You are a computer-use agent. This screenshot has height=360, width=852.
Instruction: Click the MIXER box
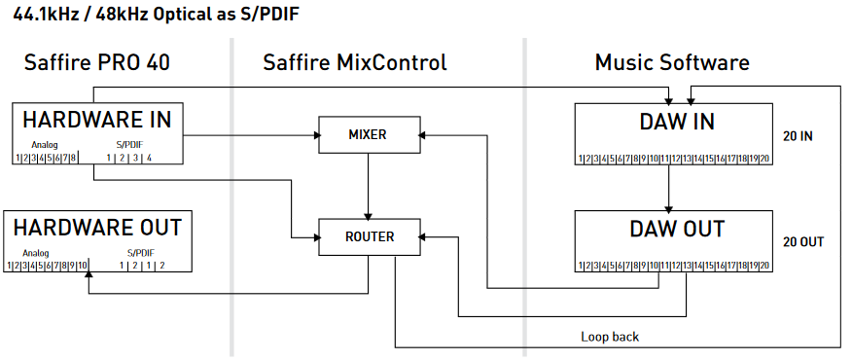[368, 133]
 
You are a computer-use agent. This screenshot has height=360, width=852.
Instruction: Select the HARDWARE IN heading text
[97, 121]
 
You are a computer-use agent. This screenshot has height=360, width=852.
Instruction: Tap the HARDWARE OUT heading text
[97, 228]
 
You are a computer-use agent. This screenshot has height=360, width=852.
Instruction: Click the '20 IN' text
[798, 135]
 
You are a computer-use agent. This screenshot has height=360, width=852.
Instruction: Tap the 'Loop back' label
[610, 337]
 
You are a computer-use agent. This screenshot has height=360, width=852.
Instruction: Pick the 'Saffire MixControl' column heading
[355, 63]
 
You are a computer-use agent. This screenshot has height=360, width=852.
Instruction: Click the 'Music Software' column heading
[672, 63]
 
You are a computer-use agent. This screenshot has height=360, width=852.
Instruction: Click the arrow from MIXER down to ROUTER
[368, 185]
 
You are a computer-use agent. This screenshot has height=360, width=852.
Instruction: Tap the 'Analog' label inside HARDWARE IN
[45, 145]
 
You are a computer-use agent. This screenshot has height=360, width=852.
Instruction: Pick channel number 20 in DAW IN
[764, 158]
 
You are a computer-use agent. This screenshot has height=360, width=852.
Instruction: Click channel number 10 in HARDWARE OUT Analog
[84, 265]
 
